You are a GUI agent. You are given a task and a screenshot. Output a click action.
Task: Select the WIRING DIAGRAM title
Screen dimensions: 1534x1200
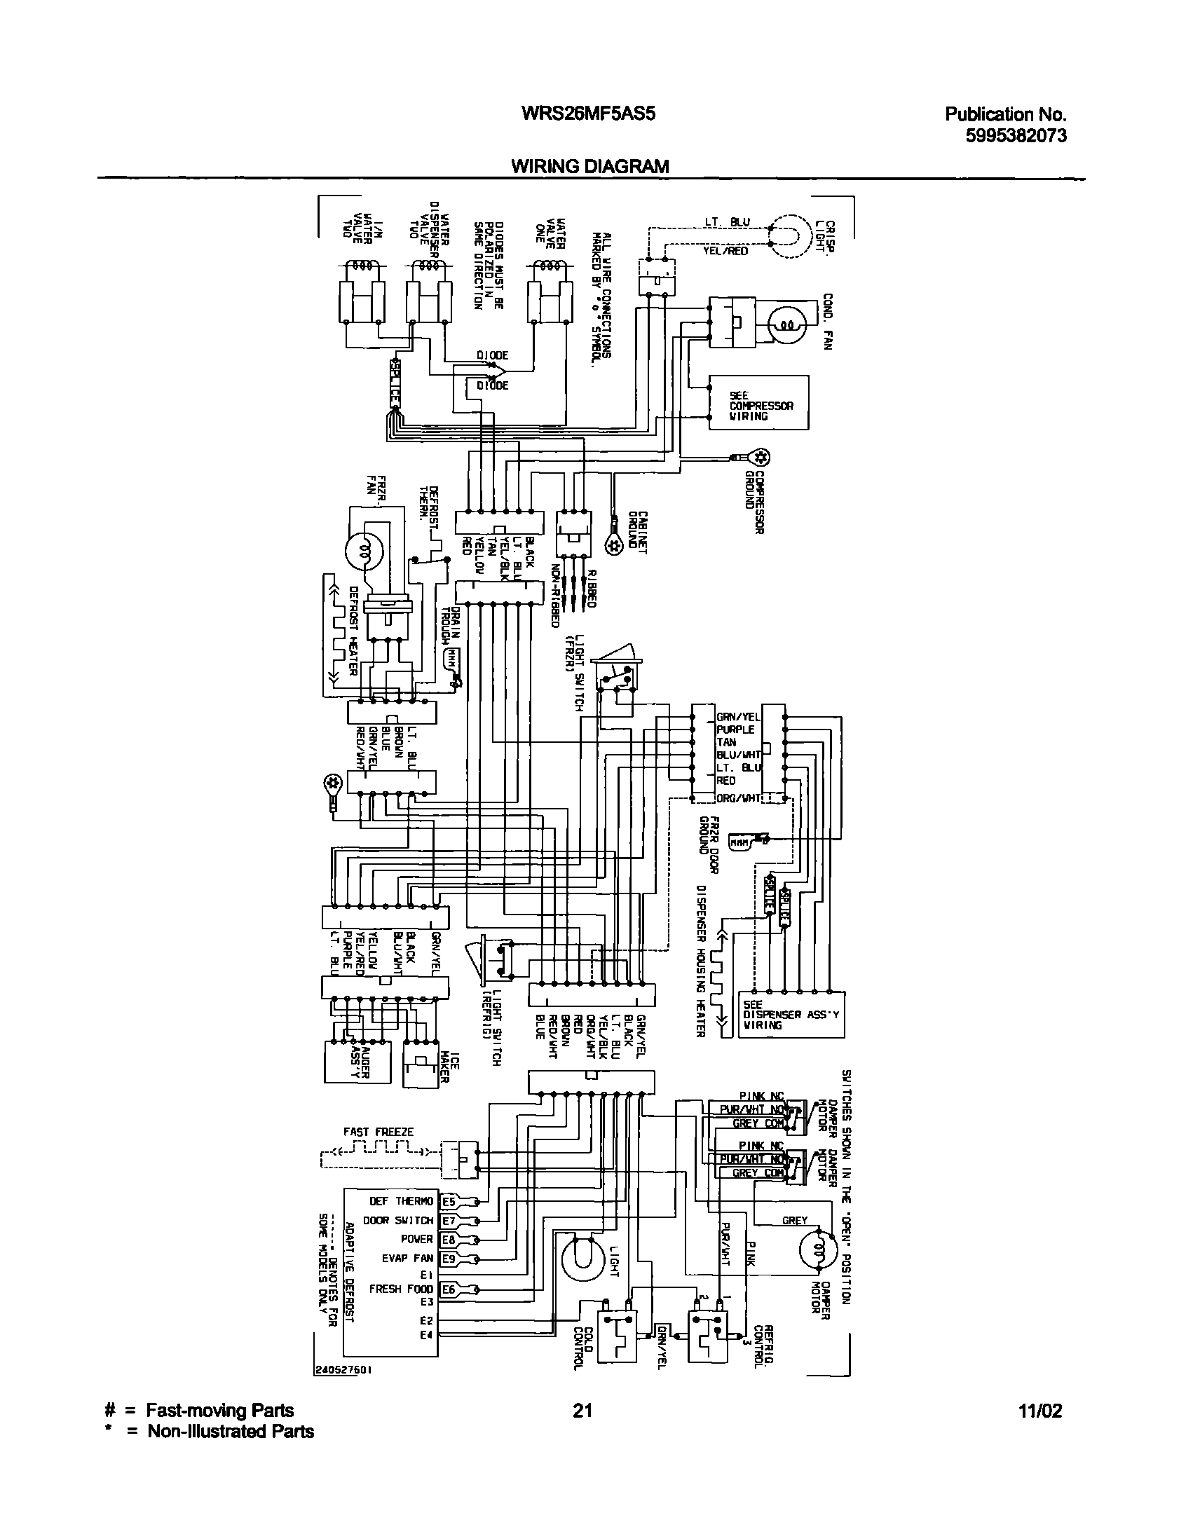point(589,166)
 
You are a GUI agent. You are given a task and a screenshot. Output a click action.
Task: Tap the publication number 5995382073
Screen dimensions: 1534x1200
point(1016,135)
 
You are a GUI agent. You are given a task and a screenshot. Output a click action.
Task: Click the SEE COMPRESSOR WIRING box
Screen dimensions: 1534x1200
point(759,403)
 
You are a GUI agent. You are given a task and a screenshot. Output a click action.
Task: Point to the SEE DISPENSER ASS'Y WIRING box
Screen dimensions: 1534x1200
point(792,1015)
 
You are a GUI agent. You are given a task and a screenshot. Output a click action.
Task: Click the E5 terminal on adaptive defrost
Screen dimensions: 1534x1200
point(448,1201)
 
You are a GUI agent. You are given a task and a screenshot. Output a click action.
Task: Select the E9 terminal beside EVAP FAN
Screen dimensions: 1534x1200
point(448,1259)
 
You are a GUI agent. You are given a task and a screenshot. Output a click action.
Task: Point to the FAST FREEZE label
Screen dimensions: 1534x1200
point(378,1132)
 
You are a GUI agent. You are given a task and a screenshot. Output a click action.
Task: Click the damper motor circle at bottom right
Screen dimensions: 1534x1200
point(819,1248)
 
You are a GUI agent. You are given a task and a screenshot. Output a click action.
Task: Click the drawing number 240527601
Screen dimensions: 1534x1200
point(343,1369)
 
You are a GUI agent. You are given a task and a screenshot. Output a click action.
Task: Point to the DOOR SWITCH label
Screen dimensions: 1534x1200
point(397,1221)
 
